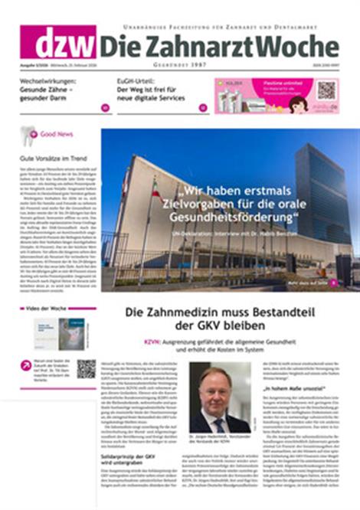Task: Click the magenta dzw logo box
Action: [57, 41]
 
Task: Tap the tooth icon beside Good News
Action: [28, 136]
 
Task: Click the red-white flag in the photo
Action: [155, 188]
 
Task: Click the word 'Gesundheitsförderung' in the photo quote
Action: [251, 220]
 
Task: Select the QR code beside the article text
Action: [85, 369]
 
